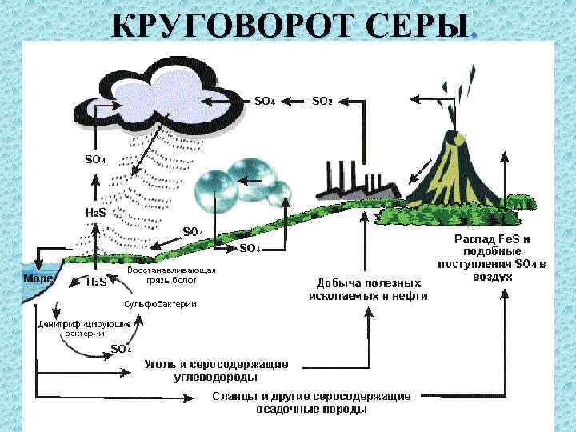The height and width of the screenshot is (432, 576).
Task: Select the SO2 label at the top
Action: click(322, 102)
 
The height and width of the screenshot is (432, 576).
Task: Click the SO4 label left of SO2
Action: click(265, 102)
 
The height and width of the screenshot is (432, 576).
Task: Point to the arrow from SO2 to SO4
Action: click(294, 102)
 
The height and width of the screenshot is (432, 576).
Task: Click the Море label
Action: click(38, 278)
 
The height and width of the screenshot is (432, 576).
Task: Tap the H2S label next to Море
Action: click(97, 282)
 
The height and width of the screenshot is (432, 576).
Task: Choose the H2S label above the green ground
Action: click(96, 214)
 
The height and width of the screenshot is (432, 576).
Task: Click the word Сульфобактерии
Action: click(159, 305)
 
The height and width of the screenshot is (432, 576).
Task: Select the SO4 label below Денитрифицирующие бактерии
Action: click(121, 349)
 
